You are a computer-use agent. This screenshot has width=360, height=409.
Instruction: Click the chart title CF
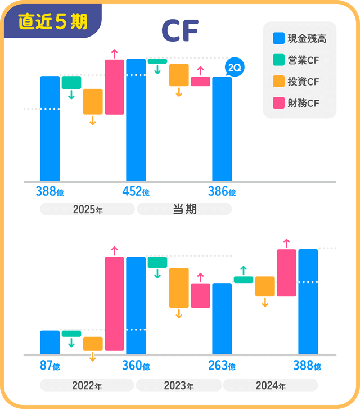click(179, 32)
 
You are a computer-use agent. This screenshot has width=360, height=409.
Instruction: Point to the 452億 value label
click(136, 192)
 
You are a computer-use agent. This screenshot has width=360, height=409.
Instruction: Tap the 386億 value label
click(222, 192)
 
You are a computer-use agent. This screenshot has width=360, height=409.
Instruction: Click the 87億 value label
click(49, 366)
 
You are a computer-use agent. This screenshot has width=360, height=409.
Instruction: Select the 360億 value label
click(136, 366)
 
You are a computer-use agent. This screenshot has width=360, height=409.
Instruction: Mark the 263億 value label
click(222, 366)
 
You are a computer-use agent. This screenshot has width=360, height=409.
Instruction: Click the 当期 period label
click(184, 209)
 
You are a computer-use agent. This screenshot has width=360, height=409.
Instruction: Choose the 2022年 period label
click(87, 386)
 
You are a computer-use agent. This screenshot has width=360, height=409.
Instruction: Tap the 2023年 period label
click(179, 386)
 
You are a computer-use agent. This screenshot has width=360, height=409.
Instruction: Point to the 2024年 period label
click(271, 386)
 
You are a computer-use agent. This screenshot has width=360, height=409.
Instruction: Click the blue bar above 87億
click(49, 343)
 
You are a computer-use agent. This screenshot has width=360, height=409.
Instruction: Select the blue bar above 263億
click(222, 318)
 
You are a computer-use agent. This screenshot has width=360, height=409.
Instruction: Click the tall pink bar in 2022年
click(114, 304)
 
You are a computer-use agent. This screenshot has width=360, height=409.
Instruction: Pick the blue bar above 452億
click(136, 119)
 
